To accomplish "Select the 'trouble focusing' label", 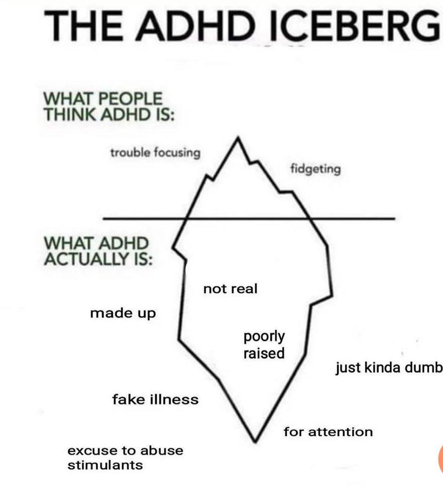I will (155, 153).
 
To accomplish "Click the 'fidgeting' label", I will (315, 169).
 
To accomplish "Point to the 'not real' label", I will (230, 289).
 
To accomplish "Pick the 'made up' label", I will (123, 313).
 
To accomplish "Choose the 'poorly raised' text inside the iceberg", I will (264, 345).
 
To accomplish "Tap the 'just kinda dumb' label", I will (389, 368).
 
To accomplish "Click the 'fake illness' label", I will (155, 400).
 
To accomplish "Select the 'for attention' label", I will (328, 431).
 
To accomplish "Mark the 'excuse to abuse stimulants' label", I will (125, 458).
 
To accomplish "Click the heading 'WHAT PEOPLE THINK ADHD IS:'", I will (109, 107).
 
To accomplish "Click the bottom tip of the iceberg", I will (255, 440).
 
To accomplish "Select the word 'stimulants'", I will (105, 465).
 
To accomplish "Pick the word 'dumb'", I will (427, 368).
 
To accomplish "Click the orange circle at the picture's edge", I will (441, 458).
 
